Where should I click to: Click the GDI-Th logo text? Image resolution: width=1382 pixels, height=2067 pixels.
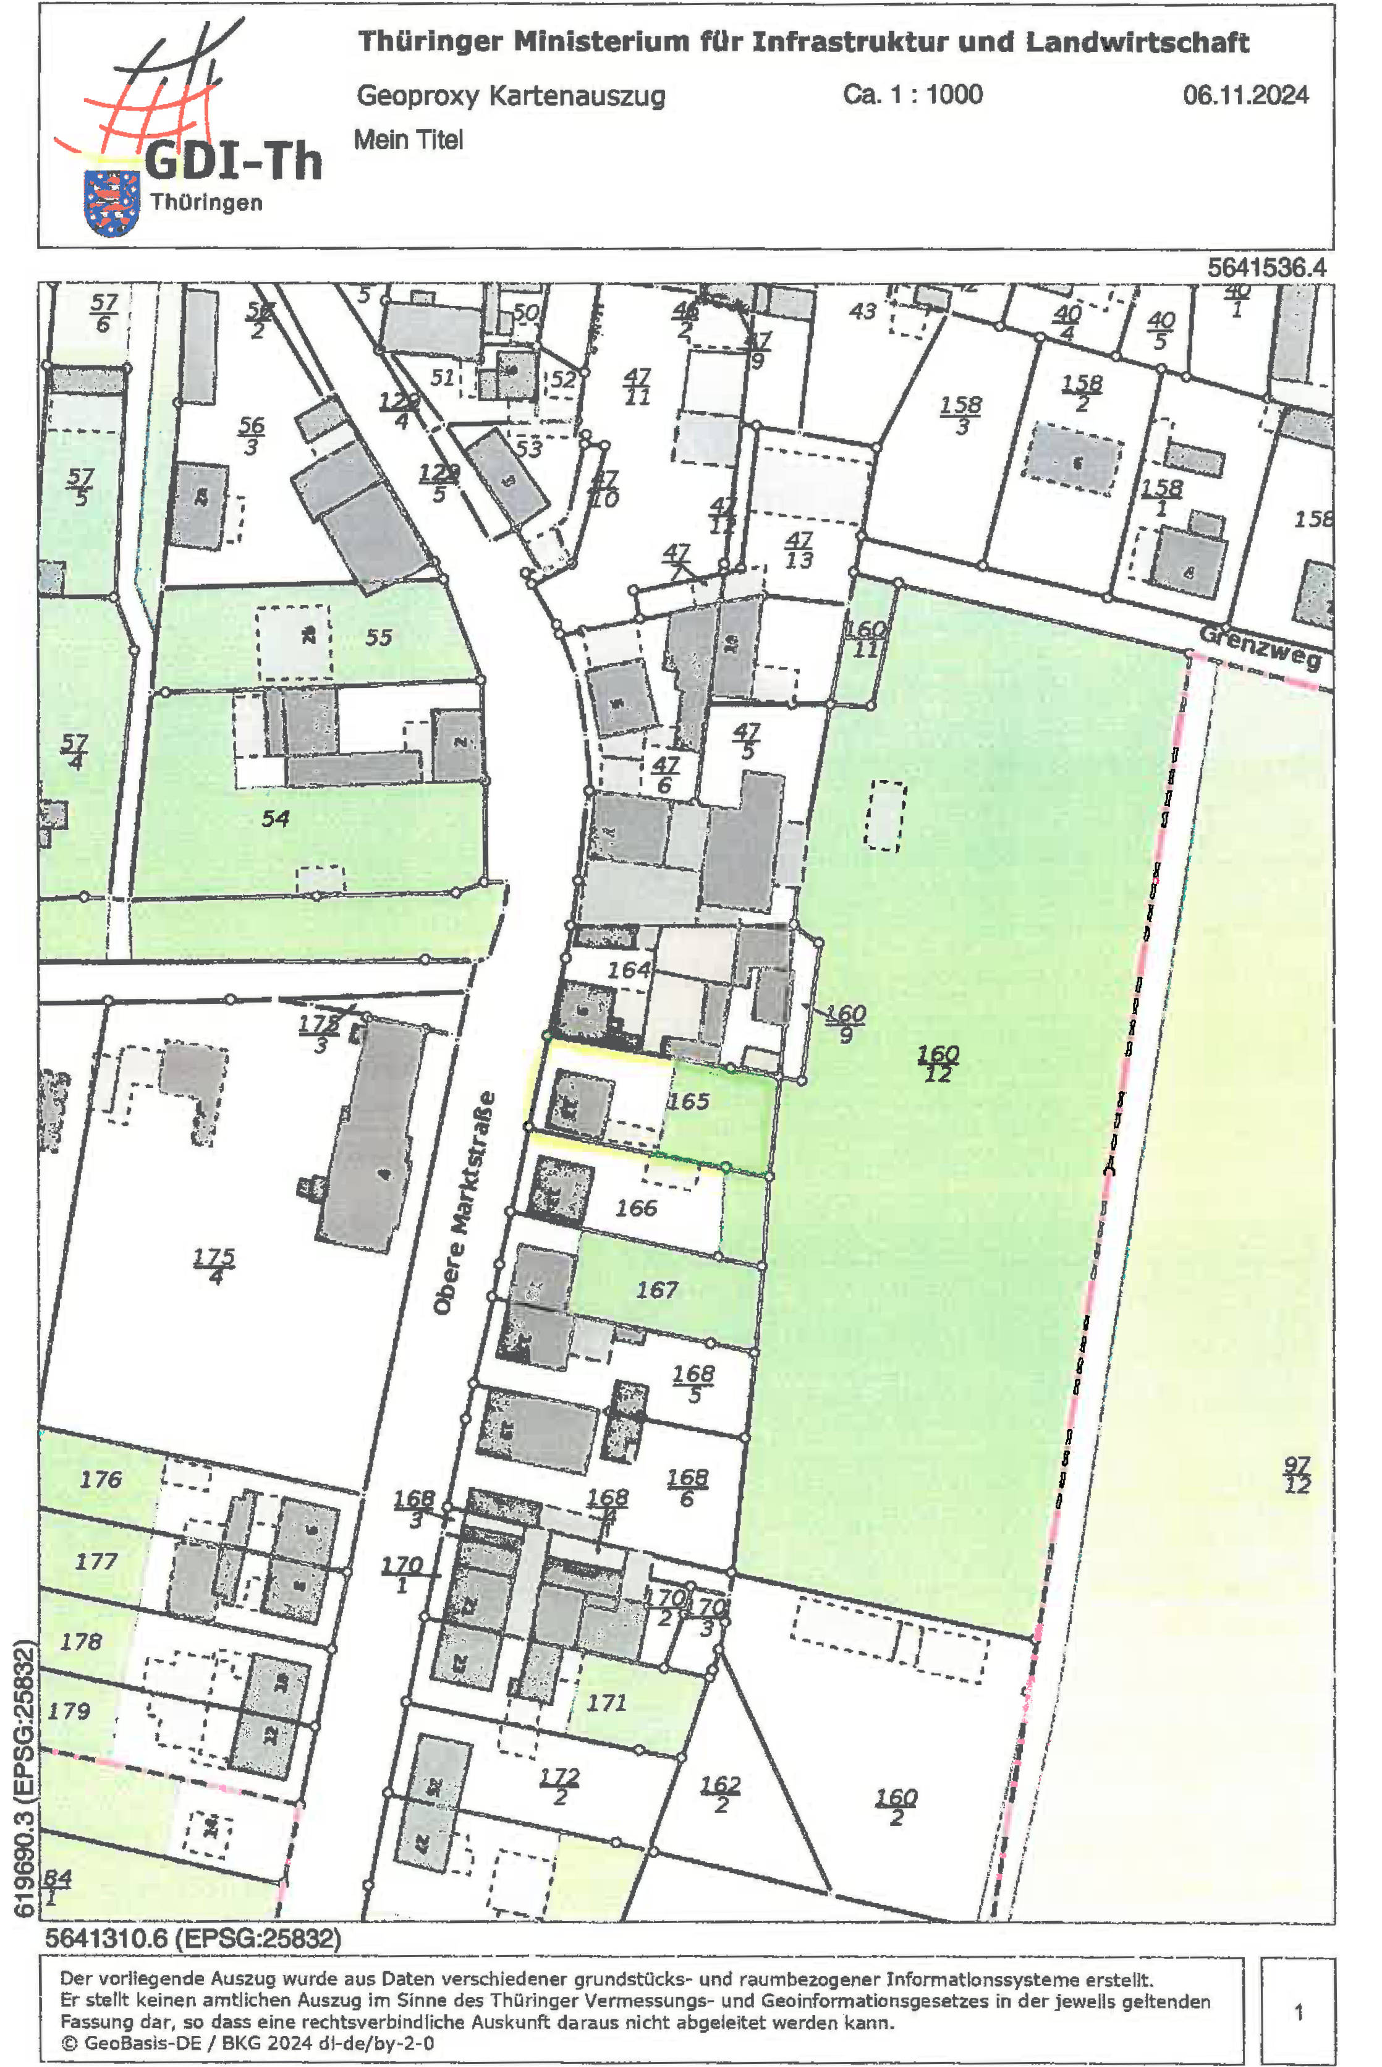pyautogui.click(x=232, y=161)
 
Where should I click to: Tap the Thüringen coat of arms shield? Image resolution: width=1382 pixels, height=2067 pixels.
pyautogui.click(x=111, y=203)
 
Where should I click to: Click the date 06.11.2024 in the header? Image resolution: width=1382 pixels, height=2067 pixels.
pyautogui.click(x=1245, y=95)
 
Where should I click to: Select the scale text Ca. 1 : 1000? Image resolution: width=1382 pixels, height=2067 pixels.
pyautogui.click(x=912, y=95)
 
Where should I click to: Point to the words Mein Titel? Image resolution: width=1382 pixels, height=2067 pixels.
pyautogui.click(x=408, y=139)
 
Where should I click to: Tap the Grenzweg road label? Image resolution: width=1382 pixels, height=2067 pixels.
pyautogui.click(x=1260, y=647)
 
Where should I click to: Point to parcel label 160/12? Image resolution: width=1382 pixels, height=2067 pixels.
pyautogui.click(x=937, y=1063)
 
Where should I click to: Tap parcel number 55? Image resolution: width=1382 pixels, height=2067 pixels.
pyautogui.click(x=378, y=637)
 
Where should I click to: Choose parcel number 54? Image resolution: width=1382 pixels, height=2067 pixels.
pyautogui.click(x=275, y=818)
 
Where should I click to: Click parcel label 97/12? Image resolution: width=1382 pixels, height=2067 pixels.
pyautogui.click(x=1297, y=1475)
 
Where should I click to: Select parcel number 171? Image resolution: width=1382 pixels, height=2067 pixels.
pyautogui.click(x=606, y=1702)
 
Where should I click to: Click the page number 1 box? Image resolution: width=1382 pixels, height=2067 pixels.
pyautogui.click(x=1297, y=2011)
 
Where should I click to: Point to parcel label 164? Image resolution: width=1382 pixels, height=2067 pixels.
pyautogui.click(x=629, y=970)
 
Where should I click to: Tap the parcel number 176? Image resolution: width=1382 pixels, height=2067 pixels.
pyautogui.click(x=101, y=1479)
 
